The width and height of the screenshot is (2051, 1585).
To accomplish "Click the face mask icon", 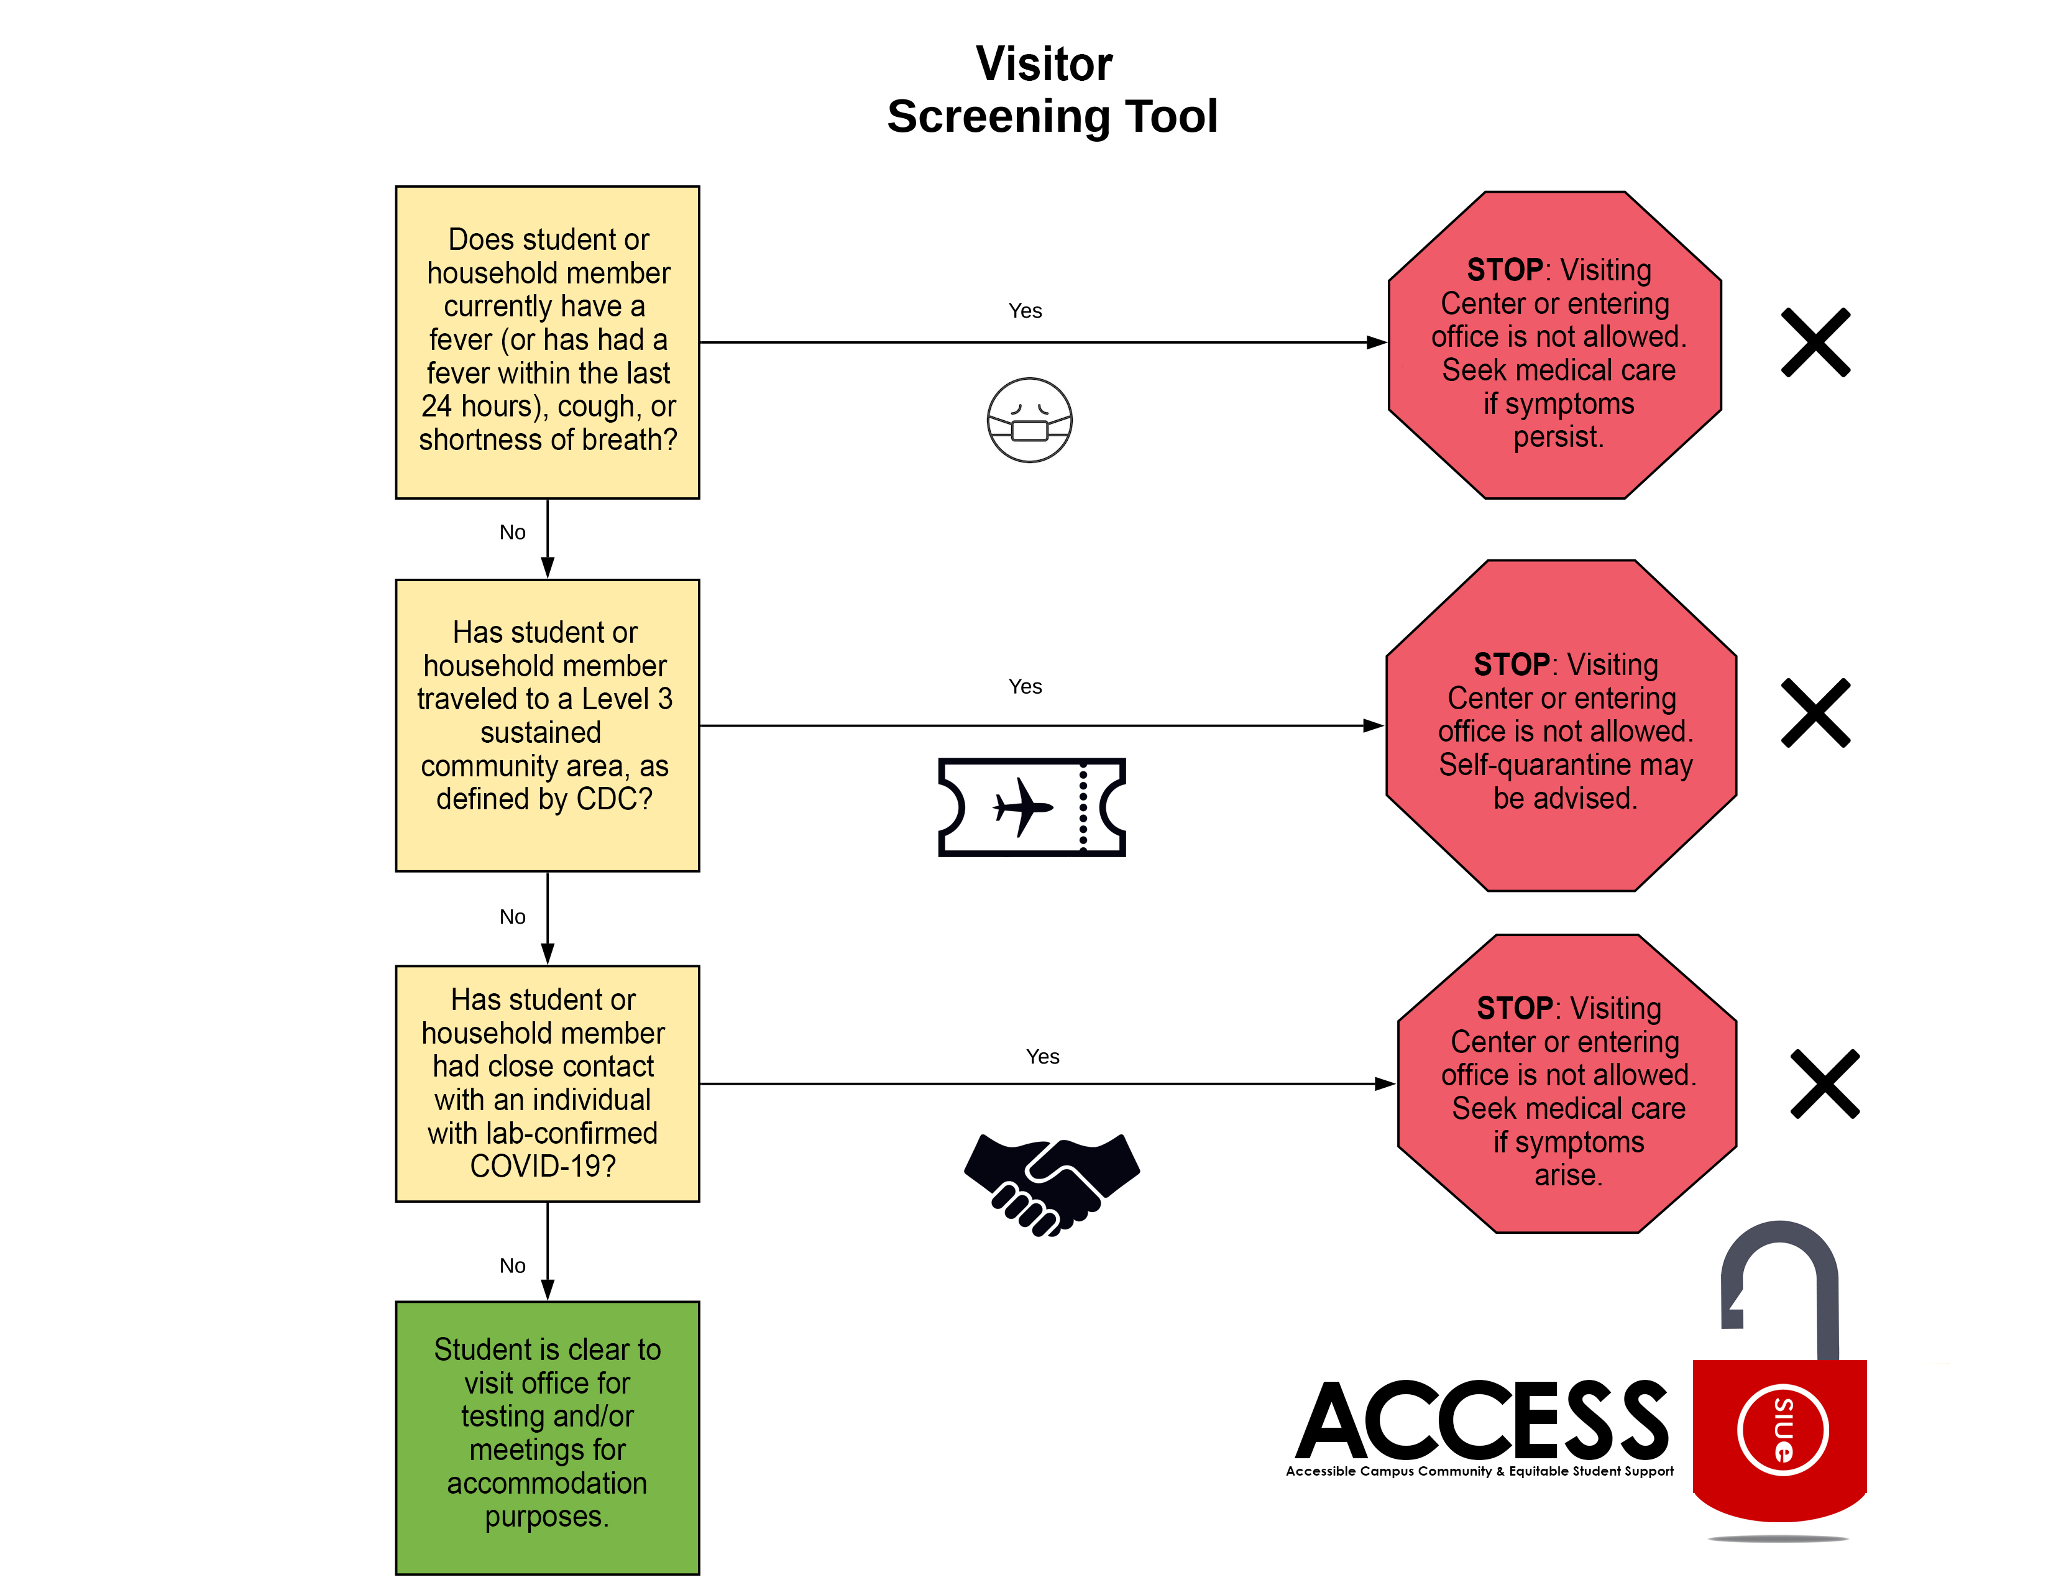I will [x=1029, y=421].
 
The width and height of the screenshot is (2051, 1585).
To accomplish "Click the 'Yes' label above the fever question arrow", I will [x=1024, y=311].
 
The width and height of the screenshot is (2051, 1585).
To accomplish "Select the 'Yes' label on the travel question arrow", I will [x=1024, y=686].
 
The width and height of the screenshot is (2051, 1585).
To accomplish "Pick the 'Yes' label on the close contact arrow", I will [x=1042, y=1056].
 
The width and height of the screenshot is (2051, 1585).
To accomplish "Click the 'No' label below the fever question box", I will [x=512, y=533].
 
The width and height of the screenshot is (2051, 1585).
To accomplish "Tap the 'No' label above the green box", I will [x=512, y=1266].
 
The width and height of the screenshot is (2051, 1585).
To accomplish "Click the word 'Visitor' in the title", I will [x=1044, y=64].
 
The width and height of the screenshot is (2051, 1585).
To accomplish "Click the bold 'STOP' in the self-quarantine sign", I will [x=1510, y=665].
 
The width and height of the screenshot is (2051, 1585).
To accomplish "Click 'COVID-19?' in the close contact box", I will [x=543, y=1166].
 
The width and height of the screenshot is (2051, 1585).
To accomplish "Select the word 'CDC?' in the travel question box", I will [x=613, y=799].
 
